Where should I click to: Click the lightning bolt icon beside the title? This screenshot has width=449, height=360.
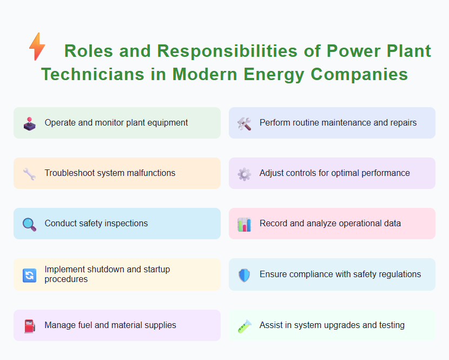pos(37,47)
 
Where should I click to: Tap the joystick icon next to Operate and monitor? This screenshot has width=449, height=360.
pos(29,123)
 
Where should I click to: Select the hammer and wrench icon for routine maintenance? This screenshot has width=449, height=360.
pos(244,123)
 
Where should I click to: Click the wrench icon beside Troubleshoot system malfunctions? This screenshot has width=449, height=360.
pos(29,174)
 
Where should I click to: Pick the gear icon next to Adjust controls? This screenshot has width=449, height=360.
pos(244,174)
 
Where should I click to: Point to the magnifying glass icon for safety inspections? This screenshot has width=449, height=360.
pos(29,224)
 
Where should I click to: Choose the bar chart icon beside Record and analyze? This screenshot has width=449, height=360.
pos(244,224)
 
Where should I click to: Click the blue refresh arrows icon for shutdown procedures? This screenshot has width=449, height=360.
pos(29,275)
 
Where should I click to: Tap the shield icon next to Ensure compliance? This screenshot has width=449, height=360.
pos(244,275)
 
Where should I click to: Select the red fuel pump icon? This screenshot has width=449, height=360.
pos(29,326)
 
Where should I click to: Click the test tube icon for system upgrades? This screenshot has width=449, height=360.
pos(244,326)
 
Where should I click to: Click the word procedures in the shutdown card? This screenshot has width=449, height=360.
pos(66,279)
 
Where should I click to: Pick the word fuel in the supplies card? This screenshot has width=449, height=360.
pos(88,325)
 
